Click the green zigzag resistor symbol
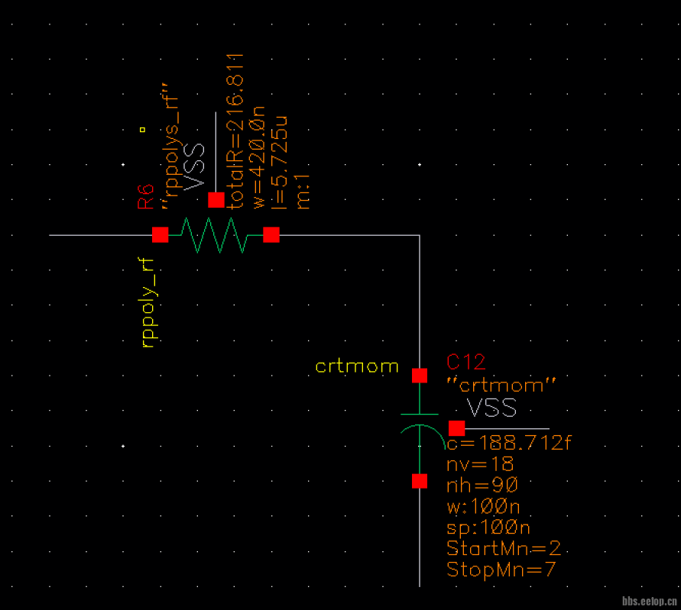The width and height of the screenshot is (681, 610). tap(216, 234)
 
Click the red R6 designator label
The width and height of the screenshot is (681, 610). tap(145, 195)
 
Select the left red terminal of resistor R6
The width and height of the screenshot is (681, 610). tap(160, 234)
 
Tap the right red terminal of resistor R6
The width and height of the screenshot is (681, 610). tap(271, 234)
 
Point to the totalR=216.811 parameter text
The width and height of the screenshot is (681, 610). tap(236, 130)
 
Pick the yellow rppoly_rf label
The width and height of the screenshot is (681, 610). tap(148, 302)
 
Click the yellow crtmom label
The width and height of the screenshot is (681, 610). tap(357, 366)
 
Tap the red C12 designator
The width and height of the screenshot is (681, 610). tap(466, 362)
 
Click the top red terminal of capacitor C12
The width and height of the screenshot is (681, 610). tap(420, 375)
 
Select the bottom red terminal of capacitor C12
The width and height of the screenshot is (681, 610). tap(420, 480)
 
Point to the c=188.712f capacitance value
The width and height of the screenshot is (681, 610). tap(508, 444)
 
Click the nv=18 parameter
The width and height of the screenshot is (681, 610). tap(480, 464)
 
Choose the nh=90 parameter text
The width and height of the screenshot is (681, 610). tap(482, 485)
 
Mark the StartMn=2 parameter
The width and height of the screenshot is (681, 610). tap(504, 548)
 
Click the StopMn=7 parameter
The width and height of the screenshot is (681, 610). tap(501, 569)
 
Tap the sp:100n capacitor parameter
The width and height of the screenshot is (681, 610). tap(488, 528)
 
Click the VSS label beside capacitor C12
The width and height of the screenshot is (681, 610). tap(491, 407)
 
